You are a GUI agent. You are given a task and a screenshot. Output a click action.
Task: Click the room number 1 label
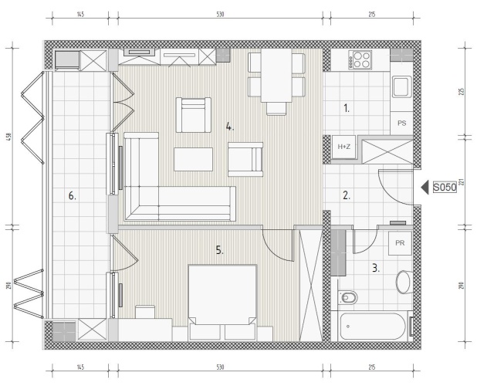[x=347, y=108]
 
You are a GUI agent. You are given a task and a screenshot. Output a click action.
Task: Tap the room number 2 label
[x=347, y=195]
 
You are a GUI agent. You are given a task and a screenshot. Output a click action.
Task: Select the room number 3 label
[x=376, y=269]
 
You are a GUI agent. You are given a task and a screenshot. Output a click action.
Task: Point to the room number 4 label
[x=230, y=127]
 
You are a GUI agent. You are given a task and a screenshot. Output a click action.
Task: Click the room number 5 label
[x=220, y=250]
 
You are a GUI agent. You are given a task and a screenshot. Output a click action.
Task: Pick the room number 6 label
[x=72, y=196]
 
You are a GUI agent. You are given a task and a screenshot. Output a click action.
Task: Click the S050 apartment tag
[x=445, y=188]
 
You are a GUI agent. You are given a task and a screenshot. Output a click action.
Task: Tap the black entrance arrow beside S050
[x=425, y=188]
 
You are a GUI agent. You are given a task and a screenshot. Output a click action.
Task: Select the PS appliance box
[x=401, y=124]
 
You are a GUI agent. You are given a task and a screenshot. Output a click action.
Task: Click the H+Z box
[x=343, y=147]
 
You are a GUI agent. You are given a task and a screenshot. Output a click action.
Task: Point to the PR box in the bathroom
[x=400, y=243]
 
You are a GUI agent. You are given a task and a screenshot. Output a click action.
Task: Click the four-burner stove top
[x=360, y=59]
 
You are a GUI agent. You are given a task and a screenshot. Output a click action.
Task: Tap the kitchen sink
[x=401, y=86]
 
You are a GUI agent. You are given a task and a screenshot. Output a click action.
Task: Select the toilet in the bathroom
[x=347, y=297]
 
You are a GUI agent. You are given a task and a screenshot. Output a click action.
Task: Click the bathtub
[x=372, y=327]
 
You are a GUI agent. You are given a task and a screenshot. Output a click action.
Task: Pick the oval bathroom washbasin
[x=404, y=282]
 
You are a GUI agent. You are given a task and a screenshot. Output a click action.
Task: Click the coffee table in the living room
[x=193, y=159]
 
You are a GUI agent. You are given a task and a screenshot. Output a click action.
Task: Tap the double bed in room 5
[x=222, y=302]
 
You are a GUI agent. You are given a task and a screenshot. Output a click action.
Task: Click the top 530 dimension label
[x=220, y=14]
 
